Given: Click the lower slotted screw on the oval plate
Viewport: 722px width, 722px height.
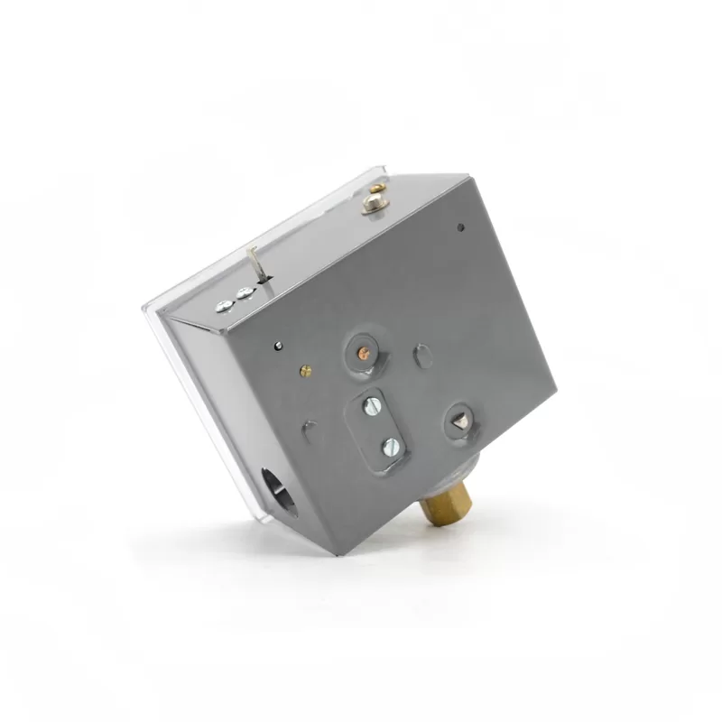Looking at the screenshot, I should (x=390, y=444).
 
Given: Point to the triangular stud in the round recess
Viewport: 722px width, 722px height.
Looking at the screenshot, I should (x=459, y=417).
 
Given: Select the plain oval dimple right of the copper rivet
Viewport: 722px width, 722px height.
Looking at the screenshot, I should (x=422, y=356).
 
